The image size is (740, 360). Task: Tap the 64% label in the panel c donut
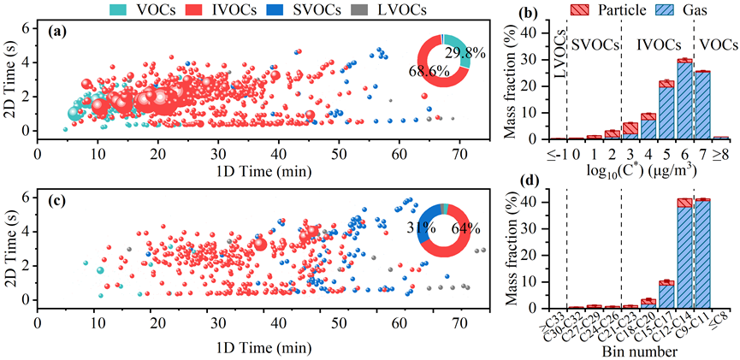click(465, 227)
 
